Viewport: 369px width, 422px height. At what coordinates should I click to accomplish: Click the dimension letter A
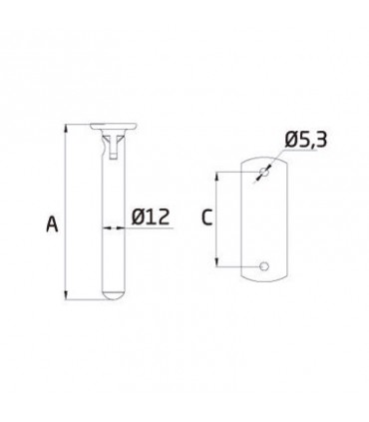point(52,223)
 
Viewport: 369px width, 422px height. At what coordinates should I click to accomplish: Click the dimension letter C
point(206,217)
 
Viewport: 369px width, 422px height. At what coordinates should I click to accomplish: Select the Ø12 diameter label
point(151,217)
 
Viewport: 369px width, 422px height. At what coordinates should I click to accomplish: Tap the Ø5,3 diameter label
point(306,139)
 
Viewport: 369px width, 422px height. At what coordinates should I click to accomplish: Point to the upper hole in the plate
point(264,173)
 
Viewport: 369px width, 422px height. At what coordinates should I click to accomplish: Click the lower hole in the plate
point(264,266)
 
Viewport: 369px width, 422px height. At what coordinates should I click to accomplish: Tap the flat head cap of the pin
point(113,126)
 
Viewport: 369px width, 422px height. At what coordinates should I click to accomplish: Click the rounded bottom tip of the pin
point(113,295)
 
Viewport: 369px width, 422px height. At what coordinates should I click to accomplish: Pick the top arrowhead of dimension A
point(67,129)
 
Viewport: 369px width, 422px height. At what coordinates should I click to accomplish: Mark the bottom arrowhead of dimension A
point(67,295)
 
